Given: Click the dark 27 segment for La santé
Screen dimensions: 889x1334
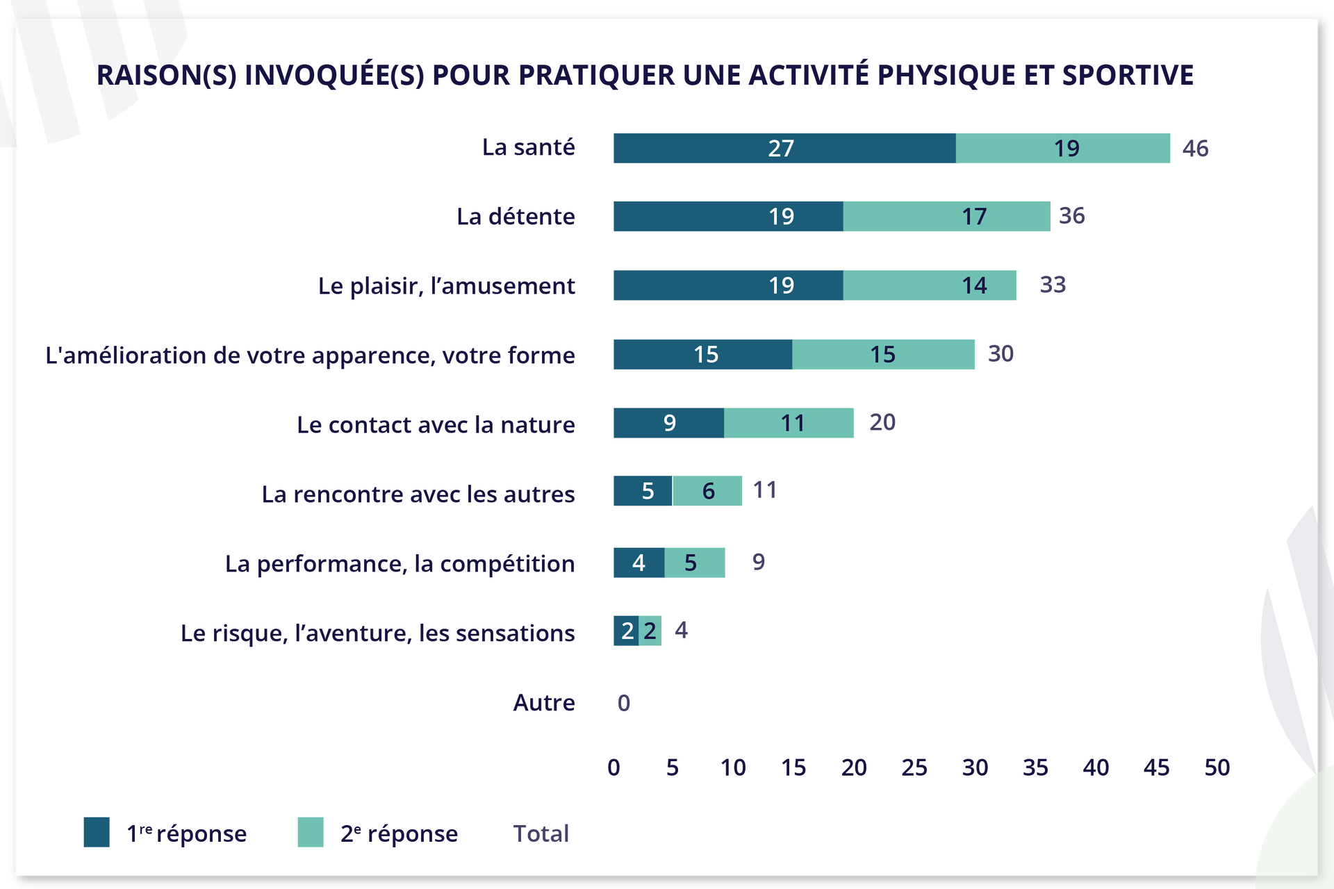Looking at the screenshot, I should pos(784,148).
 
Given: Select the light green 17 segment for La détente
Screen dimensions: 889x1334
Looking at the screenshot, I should pos(946,216).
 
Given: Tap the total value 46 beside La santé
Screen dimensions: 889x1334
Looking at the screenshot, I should pos(1195,148).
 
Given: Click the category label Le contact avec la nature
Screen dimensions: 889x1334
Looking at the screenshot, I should pos(436,424).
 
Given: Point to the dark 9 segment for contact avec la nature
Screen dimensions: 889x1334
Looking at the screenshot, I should pos(668,423).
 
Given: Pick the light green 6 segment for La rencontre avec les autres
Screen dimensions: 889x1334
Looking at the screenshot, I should pos(707,491).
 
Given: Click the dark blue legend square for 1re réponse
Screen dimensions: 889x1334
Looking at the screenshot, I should pos(97,832).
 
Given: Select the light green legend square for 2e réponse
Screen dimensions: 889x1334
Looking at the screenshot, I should pos(311,832).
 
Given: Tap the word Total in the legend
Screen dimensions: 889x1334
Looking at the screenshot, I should pos(541,833).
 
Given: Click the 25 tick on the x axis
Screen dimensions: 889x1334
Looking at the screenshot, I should pos(914,767).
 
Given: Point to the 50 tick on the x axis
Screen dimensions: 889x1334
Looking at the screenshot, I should pos(1217,767).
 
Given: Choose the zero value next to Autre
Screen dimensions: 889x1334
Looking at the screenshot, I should pos(623,703).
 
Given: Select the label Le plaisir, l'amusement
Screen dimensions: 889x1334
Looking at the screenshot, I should pos(446,285).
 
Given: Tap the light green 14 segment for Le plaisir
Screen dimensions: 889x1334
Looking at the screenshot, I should pos(930,285).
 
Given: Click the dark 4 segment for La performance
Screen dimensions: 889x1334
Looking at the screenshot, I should pos(639,563).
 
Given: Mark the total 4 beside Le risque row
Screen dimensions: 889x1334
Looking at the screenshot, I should pos(681,630).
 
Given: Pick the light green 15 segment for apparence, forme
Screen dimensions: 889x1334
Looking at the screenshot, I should pos(883,354).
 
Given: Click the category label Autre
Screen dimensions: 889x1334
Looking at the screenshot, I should pos(543,703).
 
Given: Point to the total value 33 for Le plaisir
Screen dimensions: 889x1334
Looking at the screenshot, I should pos(1052,285).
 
